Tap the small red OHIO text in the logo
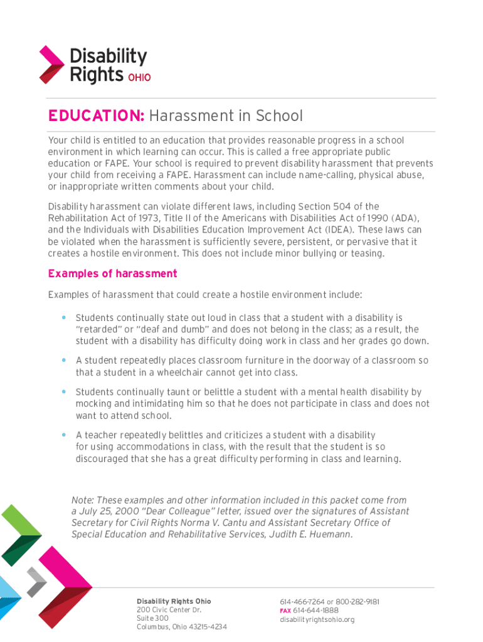139,78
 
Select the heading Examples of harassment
112,274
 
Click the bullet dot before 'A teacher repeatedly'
63,434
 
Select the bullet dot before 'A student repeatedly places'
63,360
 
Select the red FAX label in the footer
285,611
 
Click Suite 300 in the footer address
152,618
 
